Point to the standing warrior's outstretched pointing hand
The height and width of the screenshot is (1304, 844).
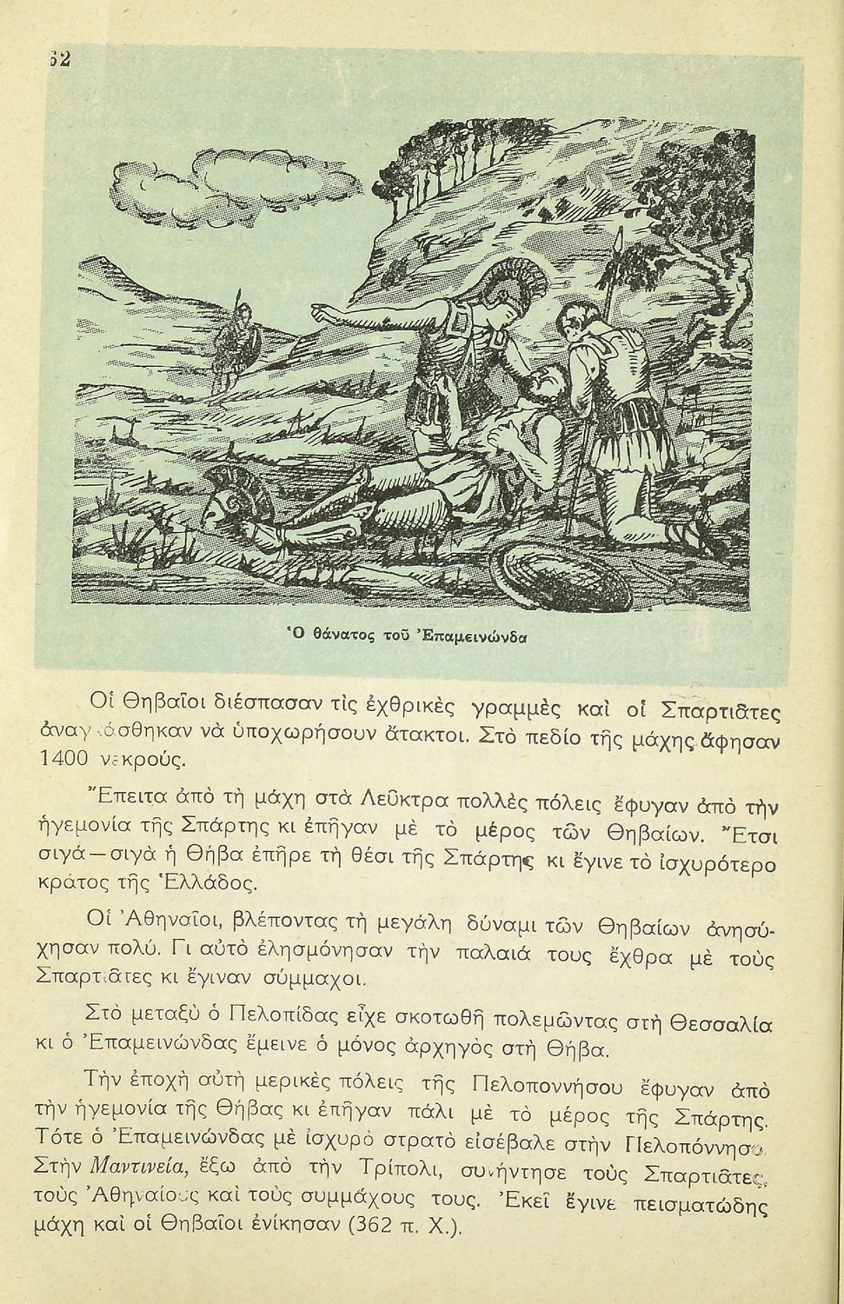(x=319, y=310)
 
